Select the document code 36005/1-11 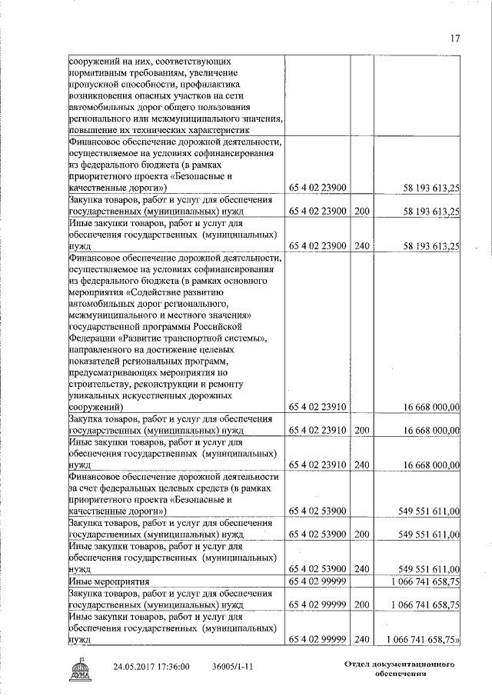point(234,666)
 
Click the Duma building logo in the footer point(81,667)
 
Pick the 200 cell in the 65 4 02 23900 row point(361,211)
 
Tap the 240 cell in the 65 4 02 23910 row point(361,465)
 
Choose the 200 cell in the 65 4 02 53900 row point(361,534)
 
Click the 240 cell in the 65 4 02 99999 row point(361,639)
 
